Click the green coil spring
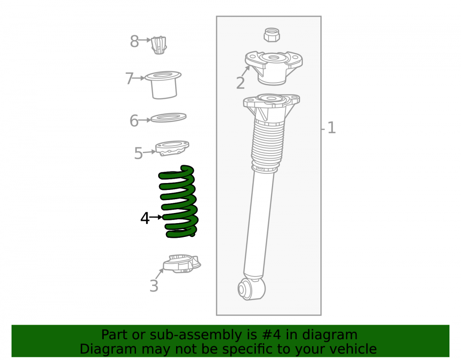click(178, 203)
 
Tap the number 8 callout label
click(134, 41)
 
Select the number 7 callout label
click(130, 79)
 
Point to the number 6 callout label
click(134, 121)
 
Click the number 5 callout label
click(138, 153)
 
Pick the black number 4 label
click(145, 218)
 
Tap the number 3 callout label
click(154, 286)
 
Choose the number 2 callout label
click(241, 83)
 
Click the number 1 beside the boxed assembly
click(331, 128)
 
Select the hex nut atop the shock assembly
click(272, 35)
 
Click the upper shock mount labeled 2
click(273, 68)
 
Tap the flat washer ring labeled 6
click(168, 118)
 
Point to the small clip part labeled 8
click(159, 45)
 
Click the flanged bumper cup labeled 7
click(163, 85)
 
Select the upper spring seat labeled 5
click(172, 148)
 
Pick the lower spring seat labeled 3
click(182, 264)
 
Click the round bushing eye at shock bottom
click(251, 289)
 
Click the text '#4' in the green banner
click(271, 335)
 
